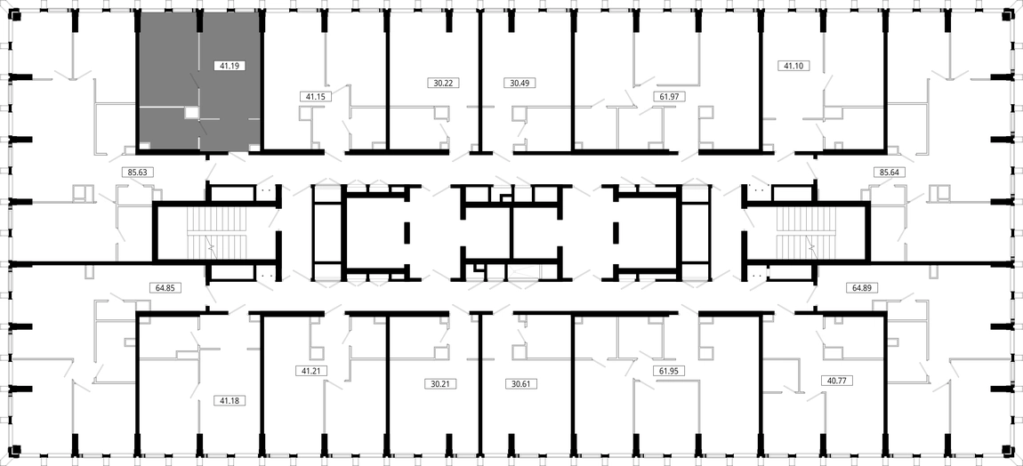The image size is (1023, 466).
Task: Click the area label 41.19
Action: coord(230,65)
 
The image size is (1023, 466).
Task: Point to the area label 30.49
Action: coord(520,83)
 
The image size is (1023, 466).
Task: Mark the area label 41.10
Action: coord(793,65)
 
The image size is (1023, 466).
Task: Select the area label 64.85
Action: coord(165,287)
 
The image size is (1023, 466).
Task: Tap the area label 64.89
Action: coord(863,287)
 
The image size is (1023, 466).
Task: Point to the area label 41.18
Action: coord(230,400)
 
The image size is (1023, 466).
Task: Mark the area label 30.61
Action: coord(521,384)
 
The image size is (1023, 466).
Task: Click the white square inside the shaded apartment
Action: coord(191,113)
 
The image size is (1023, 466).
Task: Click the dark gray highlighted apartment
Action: coord(198,82)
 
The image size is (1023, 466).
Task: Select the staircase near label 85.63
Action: coord(211,233)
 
